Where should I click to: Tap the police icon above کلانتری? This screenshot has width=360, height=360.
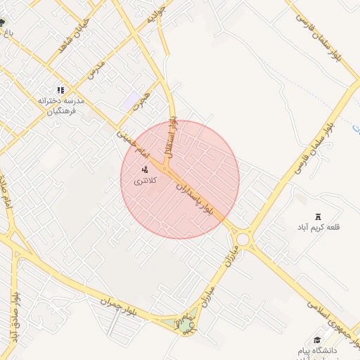point(146,169)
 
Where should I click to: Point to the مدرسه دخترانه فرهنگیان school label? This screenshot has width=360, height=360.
point(61,105)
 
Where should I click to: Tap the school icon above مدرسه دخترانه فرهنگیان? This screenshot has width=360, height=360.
point(60,90)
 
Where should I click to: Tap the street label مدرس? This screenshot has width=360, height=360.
point(96,68)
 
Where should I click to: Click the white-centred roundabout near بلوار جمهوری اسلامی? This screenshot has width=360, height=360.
point(243,240)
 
